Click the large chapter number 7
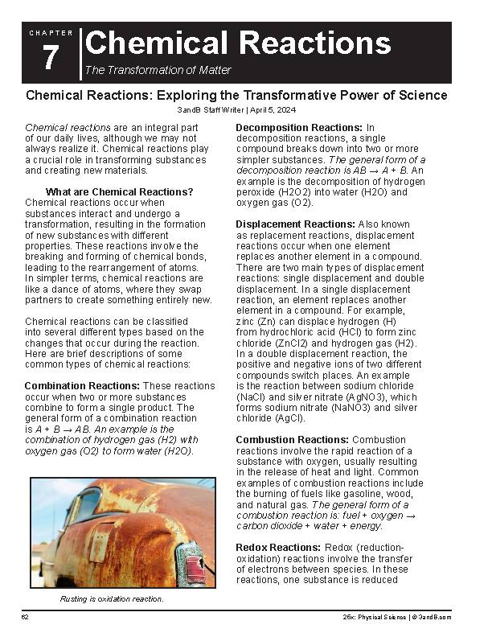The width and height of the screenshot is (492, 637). [51, 59]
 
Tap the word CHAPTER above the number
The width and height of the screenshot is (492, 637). [51, 33]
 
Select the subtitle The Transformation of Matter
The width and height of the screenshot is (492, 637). [158, 70]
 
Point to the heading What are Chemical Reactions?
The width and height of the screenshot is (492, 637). [120, 191]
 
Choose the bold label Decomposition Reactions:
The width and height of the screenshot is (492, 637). [299, 128]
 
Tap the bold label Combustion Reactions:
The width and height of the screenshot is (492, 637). [293, 440]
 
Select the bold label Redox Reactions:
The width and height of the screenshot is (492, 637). [277, 548]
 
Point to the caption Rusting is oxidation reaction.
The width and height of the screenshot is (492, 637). [112, 599]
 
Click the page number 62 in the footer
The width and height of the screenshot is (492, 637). [26, 616]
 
